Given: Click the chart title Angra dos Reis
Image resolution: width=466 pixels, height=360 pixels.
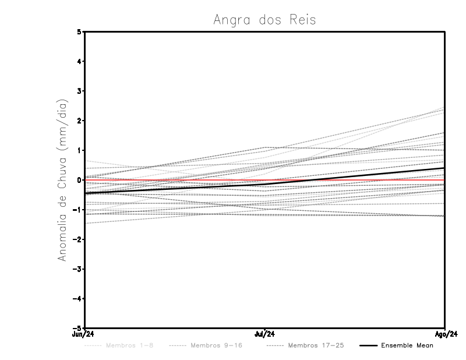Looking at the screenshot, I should tap(264, 20).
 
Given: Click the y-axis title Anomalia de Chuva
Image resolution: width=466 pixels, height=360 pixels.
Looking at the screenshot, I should tap(63, 180).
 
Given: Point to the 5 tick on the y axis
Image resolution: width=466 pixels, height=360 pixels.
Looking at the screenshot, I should tap(79, 31).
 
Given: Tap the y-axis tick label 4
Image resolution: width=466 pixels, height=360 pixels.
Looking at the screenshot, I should tap(79, 61).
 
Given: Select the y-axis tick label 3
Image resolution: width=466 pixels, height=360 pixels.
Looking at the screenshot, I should tap(79, 91).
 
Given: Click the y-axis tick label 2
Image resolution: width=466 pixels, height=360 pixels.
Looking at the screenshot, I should tap(79, 121).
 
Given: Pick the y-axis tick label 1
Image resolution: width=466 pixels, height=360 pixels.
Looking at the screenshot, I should tap(79, 150).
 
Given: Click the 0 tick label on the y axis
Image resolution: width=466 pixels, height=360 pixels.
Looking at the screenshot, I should tap(79, 180).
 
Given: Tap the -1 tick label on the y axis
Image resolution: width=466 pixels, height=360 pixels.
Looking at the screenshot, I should tap(77, 210).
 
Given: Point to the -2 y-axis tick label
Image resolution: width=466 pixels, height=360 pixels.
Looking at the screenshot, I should tap(77, 239).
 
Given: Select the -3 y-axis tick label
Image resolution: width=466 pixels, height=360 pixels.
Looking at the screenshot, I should tap(77, 269).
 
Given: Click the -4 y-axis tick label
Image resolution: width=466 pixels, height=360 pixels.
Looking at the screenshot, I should tap(77, 299).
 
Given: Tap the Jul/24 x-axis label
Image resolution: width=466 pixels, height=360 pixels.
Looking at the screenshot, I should tap(264, 334).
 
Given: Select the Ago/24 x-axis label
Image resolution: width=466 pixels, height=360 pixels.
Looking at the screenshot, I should tap(444, 334).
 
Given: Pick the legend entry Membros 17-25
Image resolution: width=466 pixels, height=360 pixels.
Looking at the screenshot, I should tap(316, 345).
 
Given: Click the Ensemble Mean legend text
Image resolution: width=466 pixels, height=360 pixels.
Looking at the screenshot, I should tap(407, 345).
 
